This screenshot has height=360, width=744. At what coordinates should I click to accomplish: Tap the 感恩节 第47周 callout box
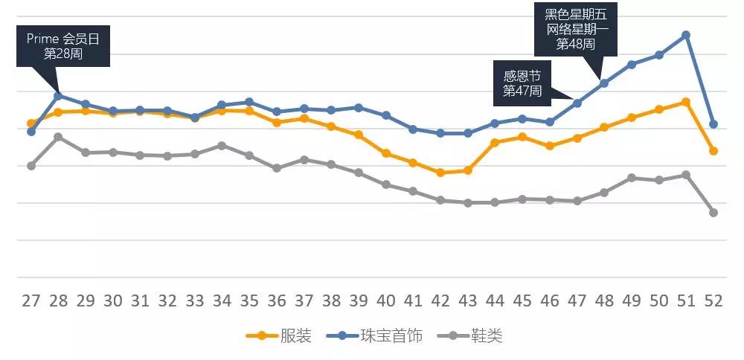coord(522,83)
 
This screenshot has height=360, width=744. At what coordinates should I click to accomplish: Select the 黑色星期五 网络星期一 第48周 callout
coord(576,29)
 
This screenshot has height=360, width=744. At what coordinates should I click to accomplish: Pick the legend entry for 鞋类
coord(476,335)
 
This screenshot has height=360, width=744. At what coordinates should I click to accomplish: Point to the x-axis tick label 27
coord(31,301)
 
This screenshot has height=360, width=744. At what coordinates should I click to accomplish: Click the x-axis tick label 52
coord(713,301)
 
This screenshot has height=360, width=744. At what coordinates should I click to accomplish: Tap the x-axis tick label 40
coord(385,301)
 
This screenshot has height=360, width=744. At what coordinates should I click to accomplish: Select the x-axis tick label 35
coord(249,301)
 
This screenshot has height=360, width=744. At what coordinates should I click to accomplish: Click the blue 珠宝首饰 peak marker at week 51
coord(686,35)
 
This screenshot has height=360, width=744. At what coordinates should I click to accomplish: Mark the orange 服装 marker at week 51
coord(686,102)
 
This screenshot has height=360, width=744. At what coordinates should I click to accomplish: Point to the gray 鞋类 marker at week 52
coord(713,213)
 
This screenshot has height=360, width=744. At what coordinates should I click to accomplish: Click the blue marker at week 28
coord(58,95)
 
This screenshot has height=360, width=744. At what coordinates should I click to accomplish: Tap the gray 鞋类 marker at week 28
coord(58,137)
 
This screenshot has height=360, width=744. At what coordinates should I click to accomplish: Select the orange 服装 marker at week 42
coord(440,173)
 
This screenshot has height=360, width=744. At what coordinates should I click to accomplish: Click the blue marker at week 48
coord(604,83)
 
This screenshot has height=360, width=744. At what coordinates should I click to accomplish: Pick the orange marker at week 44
coord(495,142)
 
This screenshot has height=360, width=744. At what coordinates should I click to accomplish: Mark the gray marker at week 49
coord(632,178)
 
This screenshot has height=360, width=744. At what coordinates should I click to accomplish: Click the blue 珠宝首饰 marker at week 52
coord(713,124)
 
